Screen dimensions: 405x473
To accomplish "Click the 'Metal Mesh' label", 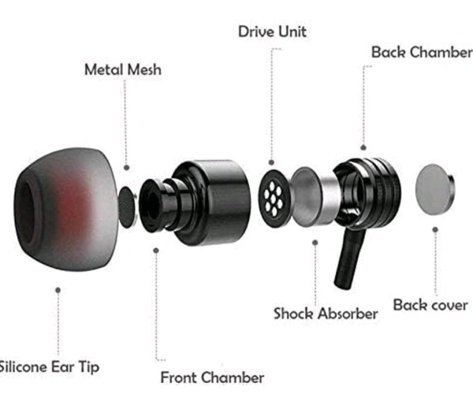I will [122, 69].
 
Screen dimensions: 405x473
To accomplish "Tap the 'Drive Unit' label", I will [272, 32].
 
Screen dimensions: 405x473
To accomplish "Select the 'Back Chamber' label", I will [421, 52].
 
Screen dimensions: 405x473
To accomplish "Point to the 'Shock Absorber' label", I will [326, 313].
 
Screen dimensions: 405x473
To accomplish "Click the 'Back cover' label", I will [430, 304].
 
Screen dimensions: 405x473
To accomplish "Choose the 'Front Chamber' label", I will [212, 377].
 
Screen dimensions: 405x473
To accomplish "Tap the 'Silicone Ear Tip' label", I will [49, 366].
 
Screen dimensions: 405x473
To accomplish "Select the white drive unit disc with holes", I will [273, 194].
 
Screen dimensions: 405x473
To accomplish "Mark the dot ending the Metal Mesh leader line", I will [126, 168].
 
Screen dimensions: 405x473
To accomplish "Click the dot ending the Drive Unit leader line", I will [271, 162].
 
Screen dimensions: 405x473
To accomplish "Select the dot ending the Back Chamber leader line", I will [363, 147].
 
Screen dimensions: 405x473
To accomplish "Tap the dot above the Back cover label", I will [435, 230].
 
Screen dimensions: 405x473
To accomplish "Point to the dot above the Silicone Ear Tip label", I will [58, 289].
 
